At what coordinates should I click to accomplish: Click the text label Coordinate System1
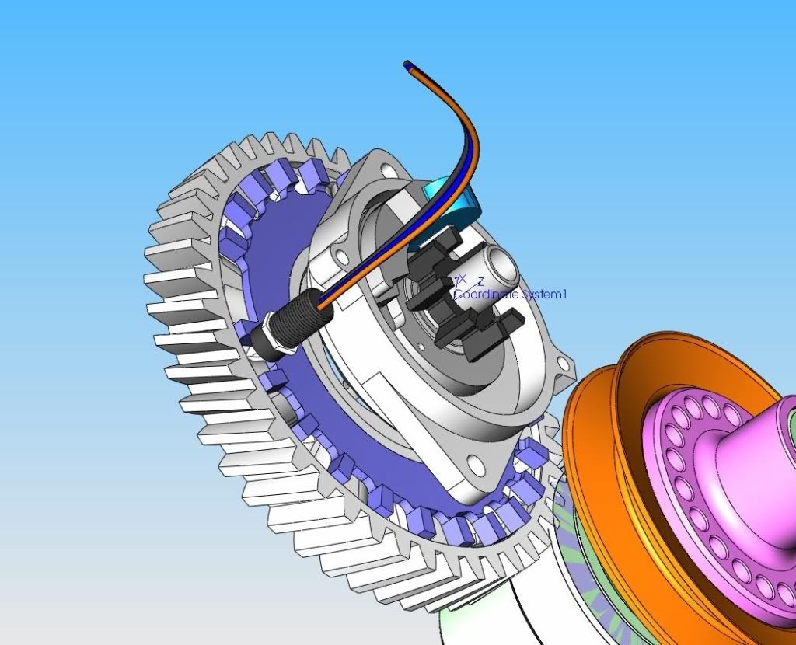511,295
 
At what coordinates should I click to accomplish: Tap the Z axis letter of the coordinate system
481,281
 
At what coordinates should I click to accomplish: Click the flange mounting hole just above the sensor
340,256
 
